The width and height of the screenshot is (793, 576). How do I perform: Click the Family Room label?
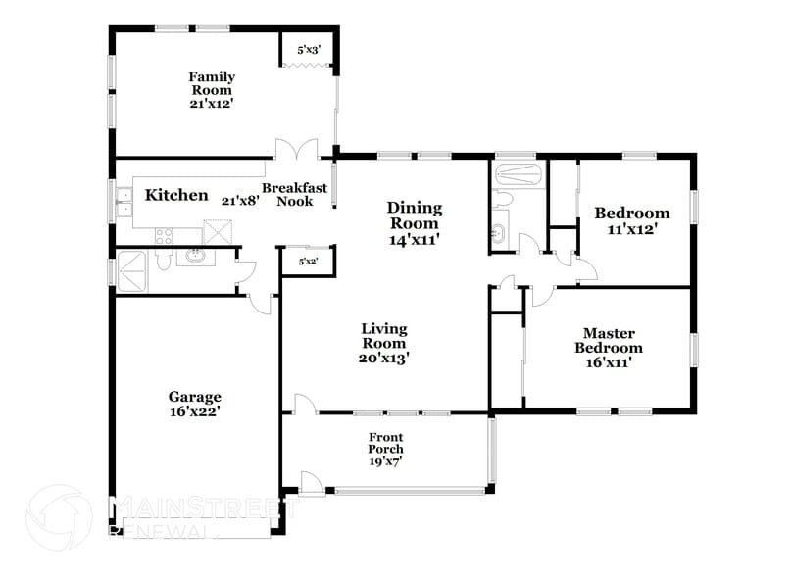[x=212, y=83]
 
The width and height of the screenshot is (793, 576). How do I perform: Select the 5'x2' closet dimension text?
[x=308, y=261]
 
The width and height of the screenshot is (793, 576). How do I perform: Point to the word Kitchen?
[x=176, y=195]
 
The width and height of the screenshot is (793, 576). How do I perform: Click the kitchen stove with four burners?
[x=165, y=235]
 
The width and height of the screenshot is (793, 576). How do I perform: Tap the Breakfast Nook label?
[x=294, y=194]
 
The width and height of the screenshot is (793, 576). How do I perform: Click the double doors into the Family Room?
[x=295, y=153]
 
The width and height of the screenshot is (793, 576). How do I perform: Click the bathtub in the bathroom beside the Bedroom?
[x=518, y=174]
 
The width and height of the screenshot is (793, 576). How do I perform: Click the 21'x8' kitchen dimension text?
[x=240, y=200]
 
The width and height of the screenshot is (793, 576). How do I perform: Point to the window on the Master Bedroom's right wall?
[x=695, y=349]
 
